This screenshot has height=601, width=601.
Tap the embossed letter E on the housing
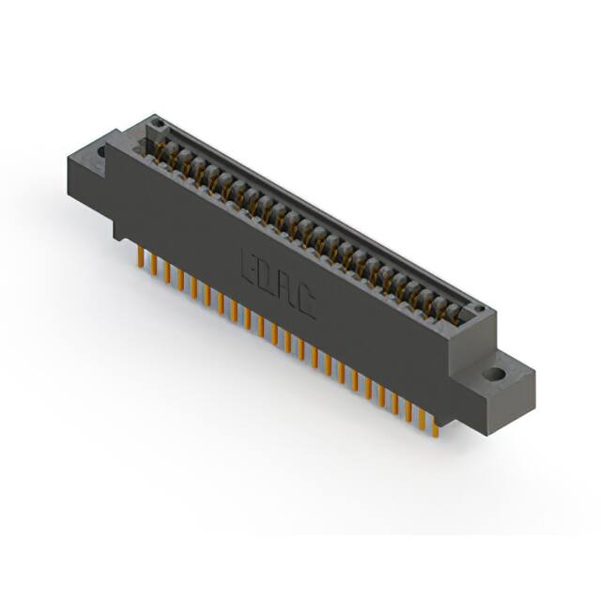coord(251,264)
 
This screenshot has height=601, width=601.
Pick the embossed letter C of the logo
coord(306,301)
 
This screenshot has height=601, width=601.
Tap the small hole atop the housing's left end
coord(158,125)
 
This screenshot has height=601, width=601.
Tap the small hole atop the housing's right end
coord(477,307)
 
